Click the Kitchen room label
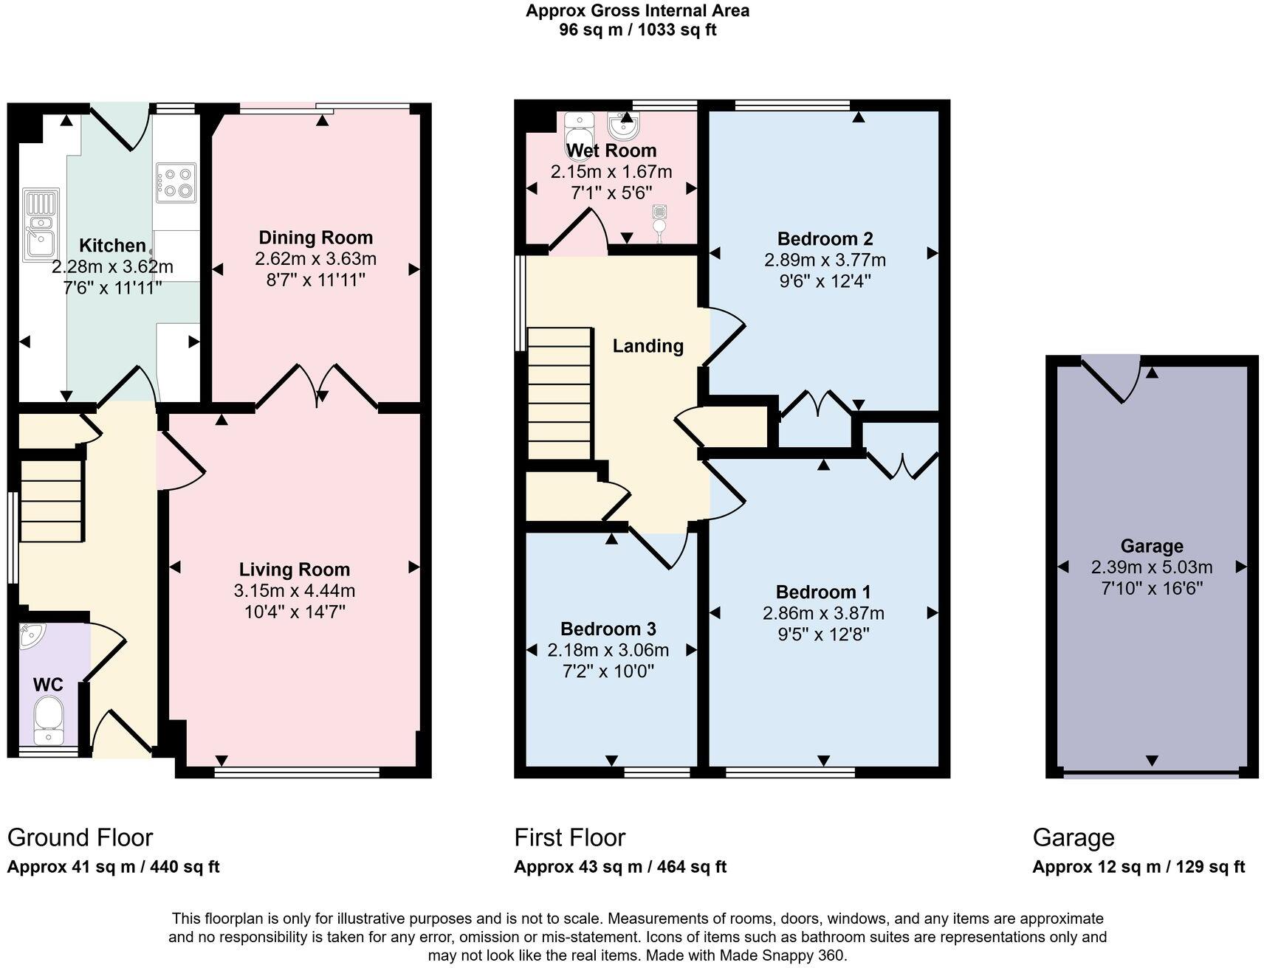tap(112, 246)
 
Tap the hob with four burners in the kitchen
tap(176, 183)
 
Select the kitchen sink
tap(41, 225)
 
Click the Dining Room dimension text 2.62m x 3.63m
tap(315, 259)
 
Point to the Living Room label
tap(294, 570)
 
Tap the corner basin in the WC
tap(32, 635)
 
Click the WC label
tap(48, 685)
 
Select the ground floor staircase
tap(50, 501)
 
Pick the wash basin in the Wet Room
tap(624, 126)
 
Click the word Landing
tap(648, 346)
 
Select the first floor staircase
tap(559, 393)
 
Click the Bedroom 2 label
tap(825, 239)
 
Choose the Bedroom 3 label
tap(608, 629)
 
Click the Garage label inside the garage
tap(1152, 547)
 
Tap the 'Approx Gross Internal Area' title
tap(637, 11)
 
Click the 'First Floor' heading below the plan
tap(569, 837)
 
